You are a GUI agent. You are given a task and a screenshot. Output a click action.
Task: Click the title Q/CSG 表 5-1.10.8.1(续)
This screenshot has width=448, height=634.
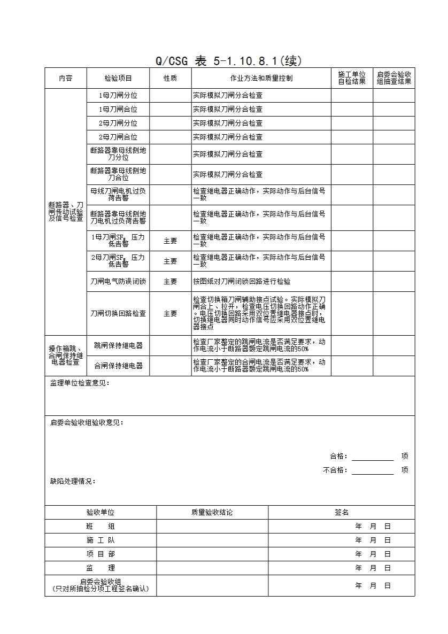click(228, 61)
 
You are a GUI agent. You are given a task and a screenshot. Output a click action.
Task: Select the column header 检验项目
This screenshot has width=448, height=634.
click(118, 78)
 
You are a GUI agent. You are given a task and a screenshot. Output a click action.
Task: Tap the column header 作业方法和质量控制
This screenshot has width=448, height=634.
click(261, 78)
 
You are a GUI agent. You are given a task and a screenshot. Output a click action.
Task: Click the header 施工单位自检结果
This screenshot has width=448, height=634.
click(352, 78)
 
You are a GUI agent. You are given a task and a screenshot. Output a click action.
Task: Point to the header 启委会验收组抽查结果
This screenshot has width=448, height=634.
click(394, 78)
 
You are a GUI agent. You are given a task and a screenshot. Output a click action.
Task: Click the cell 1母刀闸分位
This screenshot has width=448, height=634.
click(118, 96)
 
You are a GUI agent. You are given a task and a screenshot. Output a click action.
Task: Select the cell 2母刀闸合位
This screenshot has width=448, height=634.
click(118, 137)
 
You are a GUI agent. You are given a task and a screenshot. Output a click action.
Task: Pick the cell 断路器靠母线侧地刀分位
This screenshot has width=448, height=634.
click(118, 154)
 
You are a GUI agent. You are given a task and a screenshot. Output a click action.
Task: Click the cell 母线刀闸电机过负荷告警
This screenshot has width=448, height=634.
click(118, 195)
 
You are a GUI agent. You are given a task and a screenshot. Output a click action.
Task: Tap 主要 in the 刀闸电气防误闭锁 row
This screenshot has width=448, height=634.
click(170, 281)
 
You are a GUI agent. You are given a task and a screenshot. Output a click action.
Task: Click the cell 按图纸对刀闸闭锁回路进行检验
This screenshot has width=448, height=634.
click(242, 281)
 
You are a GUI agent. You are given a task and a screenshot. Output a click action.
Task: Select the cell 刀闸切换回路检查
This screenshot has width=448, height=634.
click(118, 314)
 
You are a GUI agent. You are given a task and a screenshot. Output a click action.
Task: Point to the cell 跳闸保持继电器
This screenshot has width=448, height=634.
click(118, 346)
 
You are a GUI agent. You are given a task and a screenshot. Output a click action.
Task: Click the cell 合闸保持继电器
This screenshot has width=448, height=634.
click(118, 366)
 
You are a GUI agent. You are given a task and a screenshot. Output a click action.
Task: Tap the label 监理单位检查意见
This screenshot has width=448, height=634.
click(80, 383)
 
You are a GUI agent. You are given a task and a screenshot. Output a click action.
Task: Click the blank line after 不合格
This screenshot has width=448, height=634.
click(373, 470)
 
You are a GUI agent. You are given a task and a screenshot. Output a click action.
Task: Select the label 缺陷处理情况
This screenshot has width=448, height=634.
click(73, 482)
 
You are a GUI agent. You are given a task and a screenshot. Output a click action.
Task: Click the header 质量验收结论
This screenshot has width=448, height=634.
click(212, 513)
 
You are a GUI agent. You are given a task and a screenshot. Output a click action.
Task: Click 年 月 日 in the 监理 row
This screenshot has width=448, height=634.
click(373, 568)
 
